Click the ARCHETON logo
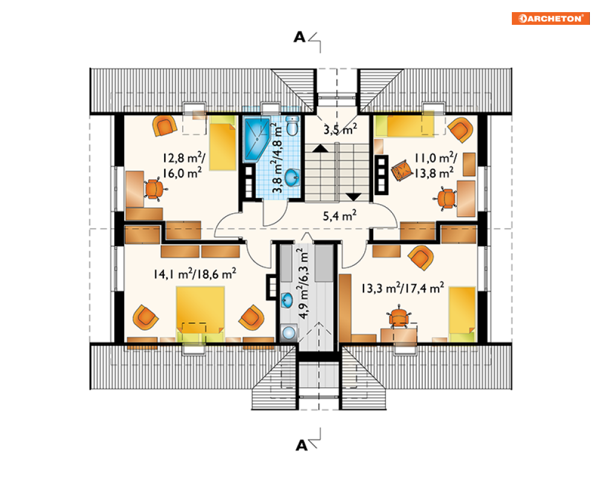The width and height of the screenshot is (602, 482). coord(551,18)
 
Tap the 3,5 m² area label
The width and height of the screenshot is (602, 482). coord(340,129)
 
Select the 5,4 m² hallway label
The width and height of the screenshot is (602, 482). coord(339,216)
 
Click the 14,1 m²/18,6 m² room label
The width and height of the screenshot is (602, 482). coord(195,274)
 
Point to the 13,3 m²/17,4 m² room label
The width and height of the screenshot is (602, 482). coord(403,288)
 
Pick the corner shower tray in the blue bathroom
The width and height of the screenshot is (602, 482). coord(256,139)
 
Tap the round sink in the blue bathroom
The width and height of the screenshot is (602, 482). coord(292,177)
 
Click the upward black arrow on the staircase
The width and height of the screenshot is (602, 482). coord(320,148)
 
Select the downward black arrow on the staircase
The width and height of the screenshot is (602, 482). coord(353,197)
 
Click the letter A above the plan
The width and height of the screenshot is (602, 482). coord(299,38)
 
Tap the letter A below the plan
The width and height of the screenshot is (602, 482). coord(302,446)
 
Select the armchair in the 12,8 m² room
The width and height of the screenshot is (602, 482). coord(165,126)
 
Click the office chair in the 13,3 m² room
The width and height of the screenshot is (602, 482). coord(399,317)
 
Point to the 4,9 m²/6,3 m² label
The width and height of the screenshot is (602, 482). coord(303,283)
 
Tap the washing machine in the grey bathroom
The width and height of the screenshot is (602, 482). coord(289,332)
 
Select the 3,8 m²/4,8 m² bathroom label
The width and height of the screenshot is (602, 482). coord(278,157)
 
